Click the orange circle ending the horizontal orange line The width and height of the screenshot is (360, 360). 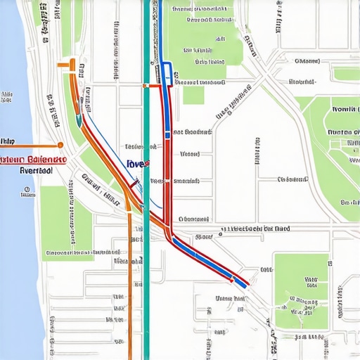pyautogui.click(x=60, y=145)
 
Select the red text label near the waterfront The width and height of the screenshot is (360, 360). pyautogui.click(x=33, y=159)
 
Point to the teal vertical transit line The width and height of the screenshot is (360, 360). pyautogui.click(x=146, y=281)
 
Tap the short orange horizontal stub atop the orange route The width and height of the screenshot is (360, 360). pyautogui.click(x=65, y=65)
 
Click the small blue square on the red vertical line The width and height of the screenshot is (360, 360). pyautogui.click(x=167, y=134)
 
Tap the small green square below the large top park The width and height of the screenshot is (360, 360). pyautogui.click(x=193, y=95)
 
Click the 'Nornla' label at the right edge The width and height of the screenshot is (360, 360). pyautogui.click(x=344, y=110)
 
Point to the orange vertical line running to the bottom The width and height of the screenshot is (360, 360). pyautogui.click(x=129, y=295)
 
